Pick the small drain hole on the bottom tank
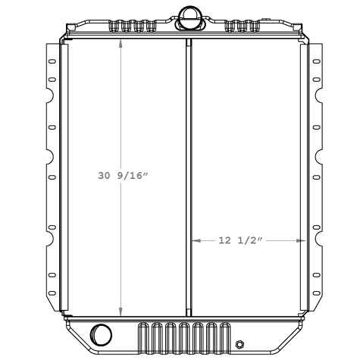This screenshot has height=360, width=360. pos(240,342)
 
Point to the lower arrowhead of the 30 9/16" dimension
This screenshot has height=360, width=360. pos(121,311)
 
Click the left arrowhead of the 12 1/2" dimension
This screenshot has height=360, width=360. pos(194,241)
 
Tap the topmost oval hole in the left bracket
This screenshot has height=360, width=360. pos(52,61)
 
